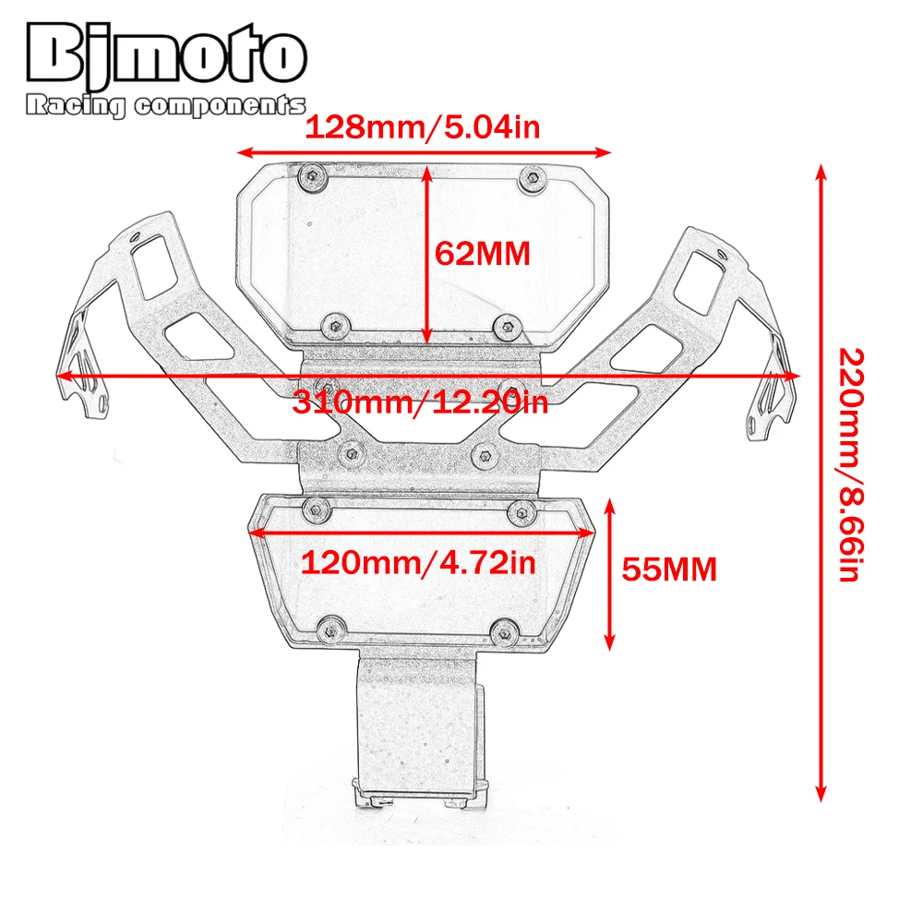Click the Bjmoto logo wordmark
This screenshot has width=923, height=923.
[166, 54]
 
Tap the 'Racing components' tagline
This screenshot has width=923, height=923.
[165, 105]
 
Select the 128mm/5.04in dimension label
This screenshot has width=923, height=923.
[422, 126]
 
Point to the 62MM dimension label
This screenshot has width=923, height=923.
[482, 254]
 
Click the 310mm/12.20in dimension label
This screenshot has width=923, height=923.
[420, 402]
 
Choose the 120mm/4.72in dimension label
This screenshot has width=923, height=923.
[418, 563]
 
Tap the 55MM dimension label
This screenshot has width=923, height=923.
[669, 569]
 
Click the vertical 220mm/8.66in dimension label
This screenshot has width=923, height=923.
[851, 464]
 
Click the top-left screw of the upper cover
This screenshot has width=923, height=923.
[313, 176]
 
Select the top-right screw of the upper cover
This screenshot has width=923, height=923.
[533, 177]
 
